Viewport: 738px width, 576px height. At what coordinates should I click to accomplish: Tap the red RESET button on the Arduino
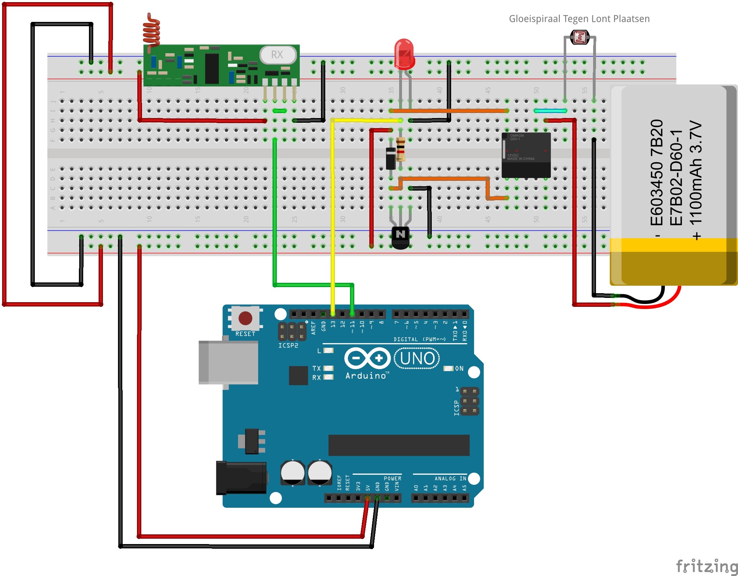click(245, 318)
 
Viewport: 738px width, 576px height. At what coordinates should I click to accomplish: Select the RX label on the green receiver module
click(277, 55)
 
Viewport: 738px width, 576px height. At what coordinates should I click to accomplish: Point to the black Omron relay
click(526, 155)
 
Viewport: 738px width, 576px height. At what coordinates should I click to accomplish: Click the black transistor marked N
click(400, 237)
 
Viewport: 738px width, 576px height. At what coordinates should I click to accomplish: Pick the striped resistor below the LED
click(401, 149)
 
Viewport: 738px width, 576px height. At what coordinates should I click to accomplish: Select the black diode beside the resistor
click(391, 158)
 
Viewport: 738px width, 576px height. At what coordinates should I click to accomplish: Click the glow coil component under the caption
click(579, 37)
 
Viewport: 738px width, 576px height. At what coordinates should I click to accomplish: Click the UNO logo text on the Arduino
click(417, 359)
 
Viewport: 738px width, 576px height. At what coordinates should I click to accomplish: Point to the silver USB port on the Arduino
click(228, 362)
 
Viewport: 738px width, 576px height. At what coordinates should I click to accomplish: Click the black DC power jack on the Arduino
click(241, 478)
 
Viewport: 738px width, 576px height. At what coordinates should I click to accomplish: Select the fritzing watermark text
click(706, 566)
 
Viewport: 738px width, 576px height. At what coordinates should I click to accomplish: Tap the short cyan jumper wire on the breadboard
click(550, 111)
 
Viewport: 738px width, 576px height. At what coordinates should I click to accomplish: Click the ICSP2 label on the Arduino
click(288, 346)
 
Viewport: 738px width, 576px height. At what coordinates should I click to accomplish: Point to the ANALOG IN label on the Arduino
click(450, 478)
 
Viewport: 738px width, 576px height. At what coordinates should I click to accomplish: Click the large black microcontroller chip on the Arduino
click(399, 445)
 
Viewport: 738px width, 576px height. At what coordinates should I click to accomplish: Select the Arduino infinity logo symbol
click(367, 358)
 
